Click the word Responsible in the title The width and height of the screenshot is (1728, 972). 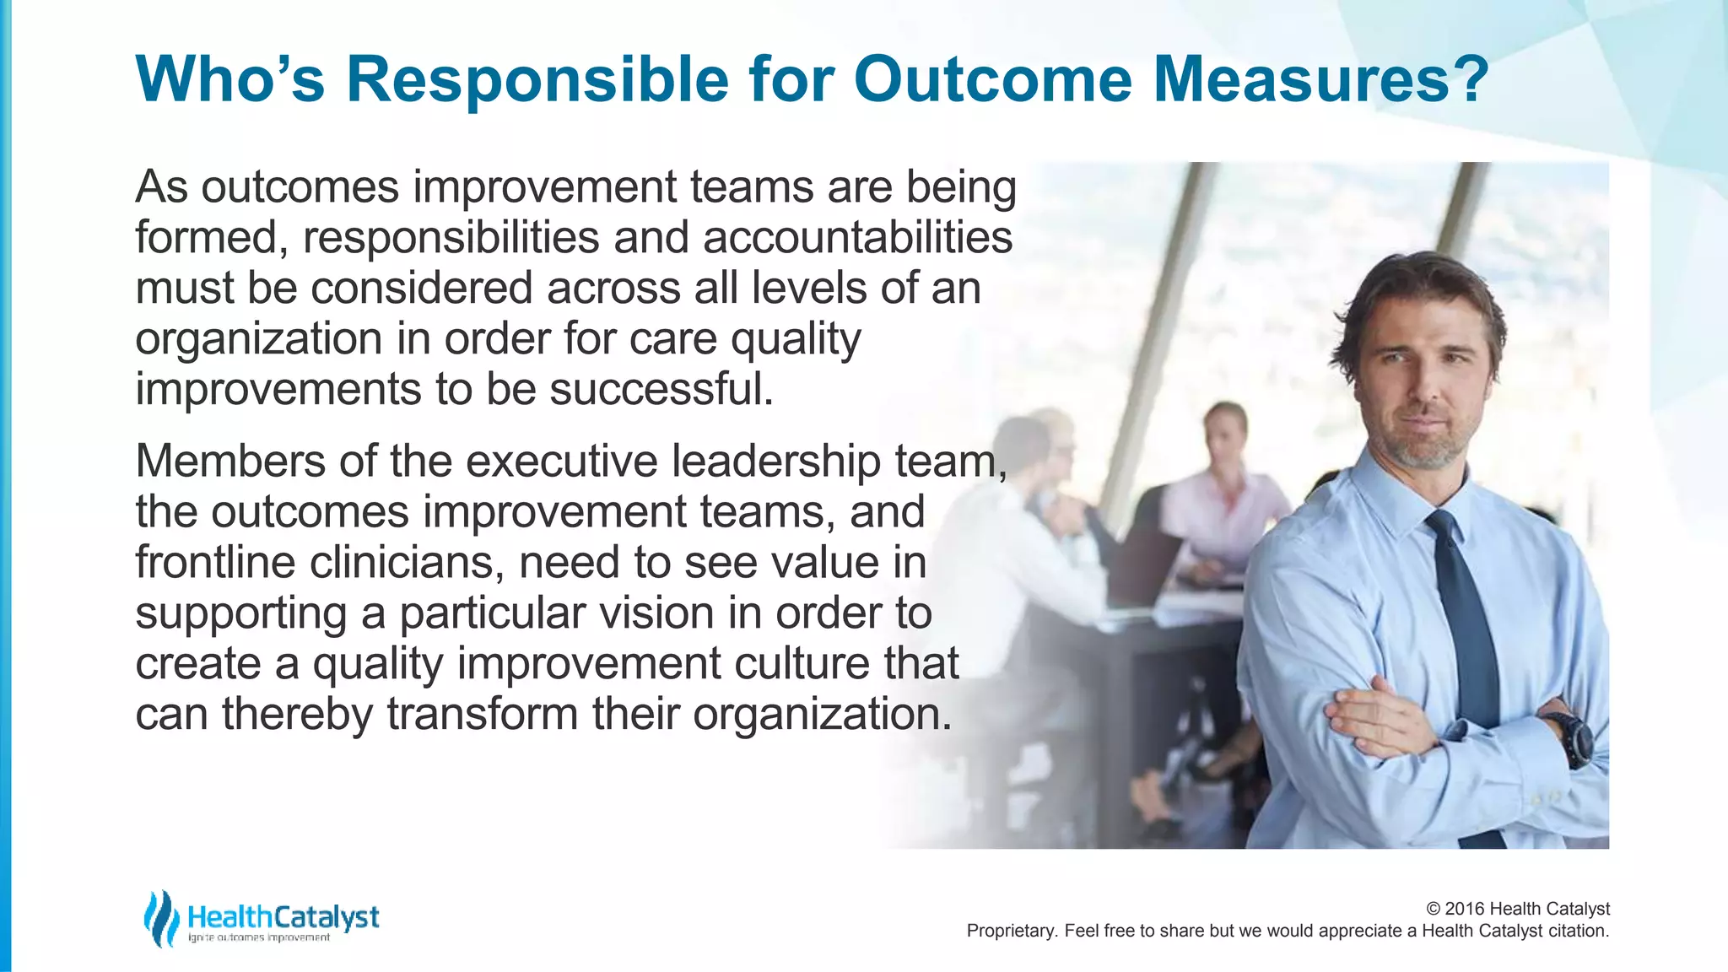537,79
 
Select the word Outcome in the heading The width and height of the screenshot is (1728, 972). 992,79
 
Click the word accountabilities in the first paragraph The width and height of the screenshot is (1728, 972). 857,237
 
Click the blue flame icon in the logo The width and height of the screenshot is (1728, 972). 160,918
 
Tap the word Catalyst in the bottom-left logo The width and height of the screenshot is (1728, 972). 327,916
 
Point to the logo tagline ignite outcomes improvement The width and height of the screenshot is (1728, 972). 259,938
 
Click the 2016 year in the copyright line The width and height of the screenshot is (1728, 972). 1465,909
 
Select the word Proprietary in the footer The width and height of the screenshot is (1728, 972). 1011,931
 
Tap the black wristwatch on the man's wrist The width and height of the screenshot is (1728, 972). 1572,738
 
